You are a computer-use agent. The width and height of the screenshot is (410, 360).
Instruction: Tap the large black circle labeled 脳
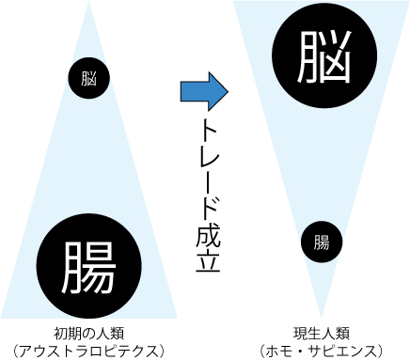pyautogui.click(x=311, y=53)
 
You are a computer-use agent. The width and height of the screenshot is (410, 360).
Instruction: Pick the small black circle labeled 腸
pyautogui.click(x=321, y=242)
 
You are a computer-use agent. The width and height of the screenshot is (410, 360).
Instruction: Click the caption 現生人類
pyautogui.click(x=321, y=333)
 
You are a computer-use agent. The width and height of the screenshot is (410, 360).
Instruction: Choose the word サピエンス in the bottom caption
pyautogui.click(x=342, y=351)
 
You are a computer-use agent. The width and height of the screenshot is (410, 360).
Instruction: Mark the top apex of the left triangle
pyautogui.click(x=90, y=3)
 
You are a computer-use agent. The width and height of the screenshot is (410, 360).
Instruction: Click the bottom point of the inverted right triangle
pyautogui.click(x=321, y=318)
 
